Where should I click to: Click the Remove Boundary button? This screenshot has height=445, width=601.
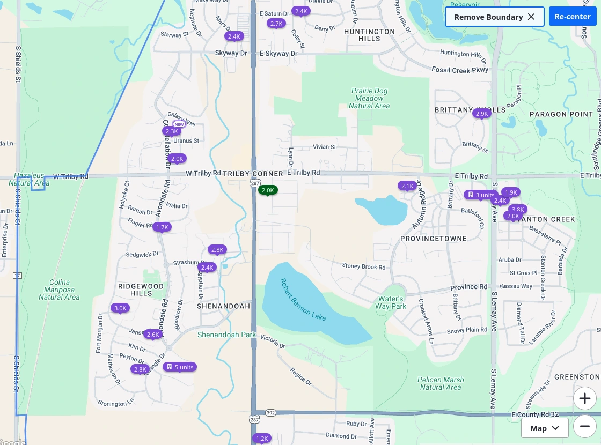tap(494, 17)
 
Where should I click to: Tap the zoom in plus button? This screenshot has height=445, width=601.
tap(584, 399)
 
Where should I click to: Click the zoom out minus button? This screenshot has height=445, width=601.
tap(584, 427)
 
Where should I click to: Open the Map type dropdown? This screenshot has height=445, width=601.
tap(545, 428)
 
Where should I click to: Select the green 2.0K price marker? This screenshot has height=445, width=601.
tap(268, 190)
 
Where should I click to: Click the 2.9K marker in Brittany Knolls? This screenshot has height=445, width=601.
tap(481, 113)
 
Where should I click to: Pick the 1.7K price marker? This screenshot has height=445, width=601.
tap(162, 227)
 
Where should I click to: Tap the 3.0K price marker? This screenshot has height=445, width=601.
tap(120, 308)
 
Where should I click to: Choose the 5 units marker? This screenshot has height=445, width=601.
tap(180, 367)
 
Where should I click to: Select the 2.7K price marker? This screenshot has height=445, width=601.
tap(276, 23)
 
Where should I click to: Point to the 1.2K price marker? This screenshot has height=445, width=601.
tap(262, 438)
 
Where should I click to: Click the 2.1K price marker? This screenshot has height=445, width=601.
tap(407, 186)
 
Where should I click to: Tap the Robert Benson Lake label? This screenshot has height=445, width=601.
tap(303, 300)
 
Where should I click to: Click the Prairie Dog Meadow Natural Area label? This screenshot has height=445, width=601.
tap(369, 98)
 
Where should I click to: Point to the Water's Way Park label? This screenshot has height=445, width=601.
tap(391, 302)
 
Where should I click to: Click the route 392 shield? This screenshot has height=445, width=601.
tap(270, 413)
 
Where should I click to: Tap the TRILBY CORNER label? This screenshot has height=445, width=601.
tap(253, 174)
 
